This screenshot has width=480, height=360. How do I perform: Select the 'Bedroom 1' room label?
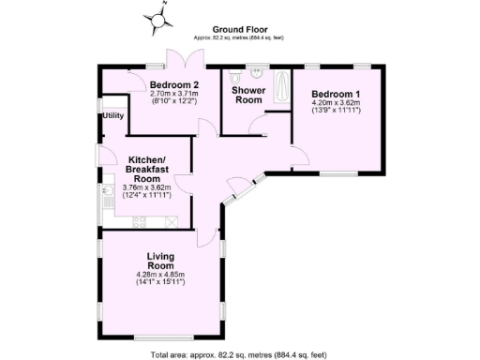pyautogui.click(x=336, y=95)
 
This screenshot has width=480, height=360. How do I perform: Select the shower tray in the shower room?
pyautogui.click(x=282, y=89)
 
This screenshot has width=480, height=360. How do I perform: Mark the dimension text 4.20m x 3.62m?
pyautogui.click(x=336, y=104)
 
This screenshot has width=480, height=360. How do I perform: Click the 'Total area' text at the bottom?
pyautogui.click(x=239, y=354)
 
